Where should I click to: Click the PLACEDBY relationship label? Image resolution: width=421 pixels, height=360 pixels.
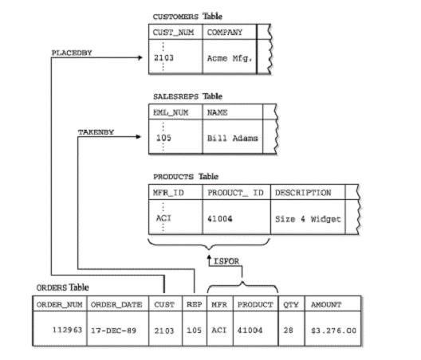(x=72, y=53)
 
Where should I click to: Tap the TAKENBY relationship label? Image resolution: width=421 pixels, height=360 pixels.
(x=96, y=132)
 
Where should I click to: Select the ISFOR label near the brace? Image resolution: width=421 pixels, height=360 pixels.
(x=226, y=261)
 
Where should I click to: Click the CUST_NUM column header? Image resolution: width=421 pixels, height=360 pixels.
(x=173, y=33)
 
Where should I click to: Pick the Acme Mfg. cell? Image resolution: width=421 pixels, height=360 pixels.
(x=230, y=58)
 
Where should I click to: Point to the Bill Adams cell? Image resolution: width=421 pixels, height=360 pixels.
(x=232, y=138)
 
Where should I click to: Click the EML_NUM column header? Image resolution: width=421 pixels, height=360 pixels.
(x=171, y=112)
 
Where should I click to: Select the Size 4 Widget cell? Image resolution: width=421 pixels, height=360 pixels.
(x=308, y=219)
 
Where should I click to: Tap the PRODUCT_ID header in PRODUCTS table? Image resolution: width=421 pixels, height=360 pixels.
(x=235, y=193)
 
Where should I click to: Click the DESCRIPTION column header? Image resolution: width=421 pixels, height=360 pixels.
(x=303, y=193)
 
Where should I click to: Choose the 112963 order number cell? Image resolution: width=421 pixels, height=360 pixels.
(x=67, y=330)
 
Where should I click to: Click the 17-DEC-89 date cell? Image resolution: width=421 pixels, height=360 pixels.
(x=113, y=331)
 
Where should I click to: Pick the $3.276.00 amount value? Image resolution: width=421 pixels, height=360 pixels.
(x=334, y=331)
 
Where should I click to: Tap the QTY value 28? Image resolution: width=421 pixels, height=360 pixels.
(x=288, y=330)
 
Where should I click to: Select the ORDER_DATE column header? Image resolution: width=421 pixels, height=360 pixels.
(x=116, y=304)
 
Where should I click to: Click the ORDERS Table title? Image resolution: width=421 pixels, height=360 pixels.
(x=62, y=288)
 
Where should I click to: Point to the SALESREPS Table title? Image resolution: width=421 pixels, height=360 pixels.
(x=187, y=96)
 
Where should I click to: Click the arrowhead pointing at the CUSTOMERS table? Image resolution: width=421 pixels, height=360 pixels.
(x=140, y=57)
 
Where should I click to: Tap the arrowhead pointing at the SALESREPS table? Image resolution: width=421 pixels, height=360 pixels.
(x=139, y=137)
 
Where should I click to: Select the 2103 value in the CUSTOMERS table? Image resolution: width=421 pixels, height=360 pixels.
(x=163, y=57)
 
